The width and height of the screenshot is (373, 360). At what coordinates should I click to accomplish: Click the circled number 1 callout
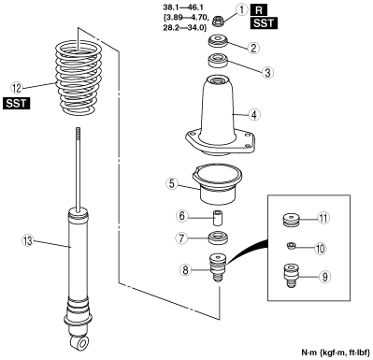(241, 9)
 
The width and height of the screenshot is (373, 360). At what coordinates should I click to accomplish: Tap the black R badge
(259, 10)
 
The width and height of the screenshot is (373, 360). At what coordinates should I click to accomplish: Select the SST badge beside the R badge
(264, 23)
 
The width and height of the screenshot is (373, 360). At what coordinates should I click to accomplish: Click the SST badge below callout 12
(17, 103)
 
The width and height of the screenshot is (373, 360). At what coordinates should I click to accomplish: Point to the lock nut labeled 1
(218, 22)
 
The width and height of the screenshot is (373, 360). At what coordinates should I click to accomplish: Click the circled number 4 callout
(254, 114)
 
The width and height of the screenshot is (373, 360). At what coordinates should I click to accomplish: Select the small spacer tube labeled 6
(218, 218)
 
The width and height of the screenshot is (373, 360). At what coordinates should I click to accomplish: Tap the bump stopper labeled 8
(218, 266)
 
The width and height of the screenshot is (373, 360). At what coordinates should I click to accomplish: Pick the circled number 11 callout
(323, 218)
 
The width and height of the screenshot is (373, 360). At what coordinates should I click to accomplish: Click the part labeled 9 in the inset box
(291, 276)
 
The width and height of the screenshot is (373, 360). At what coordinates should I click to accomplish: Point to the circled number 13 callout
(28, 240)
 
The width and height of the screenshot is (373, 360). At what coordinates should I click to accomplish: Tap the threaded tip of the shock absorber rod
(79, 134)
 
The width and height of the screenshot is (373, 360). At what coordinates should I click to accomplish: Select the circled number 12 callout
(17, 88)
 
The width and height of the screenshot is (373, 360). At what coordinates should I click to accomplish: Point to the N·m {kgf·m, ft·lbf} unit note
(336, 353)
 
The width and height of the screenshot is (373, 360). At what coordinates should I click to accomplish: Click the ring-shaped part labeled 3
(218, 60)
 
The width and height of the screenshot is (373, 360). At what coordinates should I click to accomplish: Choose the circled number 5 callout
(172, 183)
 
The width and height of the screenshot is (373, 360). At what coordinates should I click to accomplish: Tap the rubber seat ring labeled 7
(219, 238)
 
